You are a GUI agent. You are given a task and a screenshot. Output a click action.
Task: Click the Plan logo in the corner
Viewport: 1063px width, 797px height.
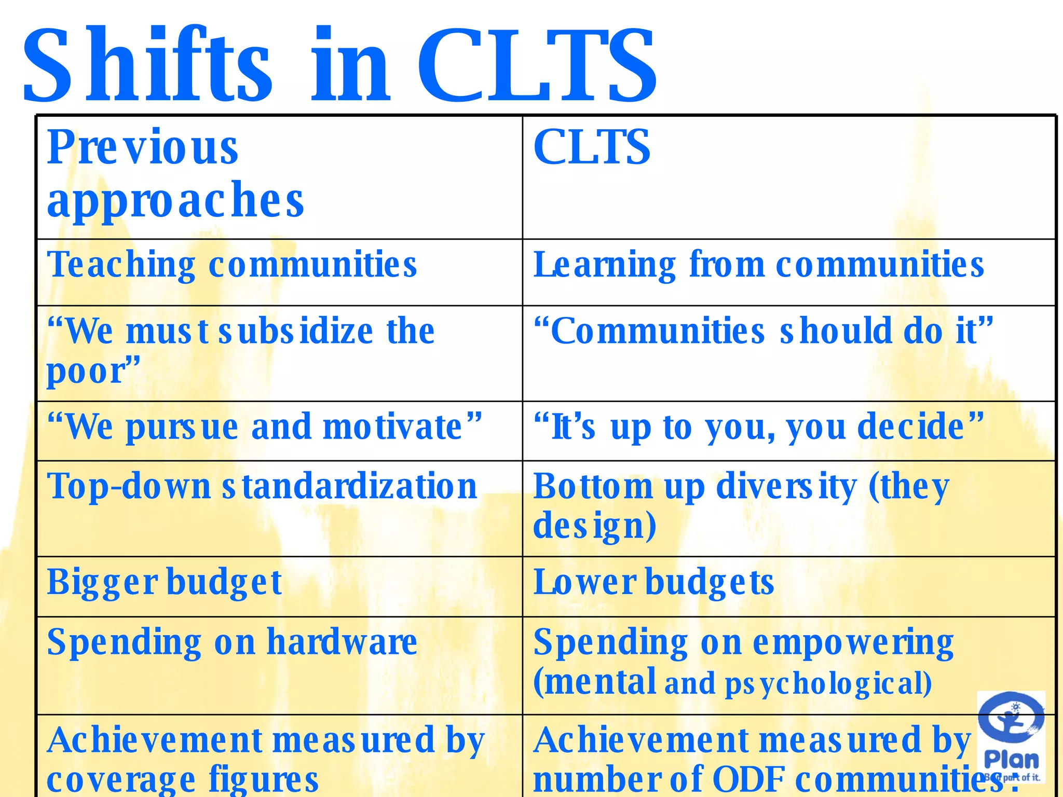(x=1011, y=737)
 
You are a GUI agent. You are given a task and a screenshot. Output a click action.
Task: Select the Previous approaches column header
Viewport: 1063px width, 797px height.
(x=175, y=174)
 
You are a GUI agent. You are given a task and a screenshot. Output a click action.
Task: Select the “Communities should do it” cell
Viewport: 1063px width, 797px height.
(x=763, y=331)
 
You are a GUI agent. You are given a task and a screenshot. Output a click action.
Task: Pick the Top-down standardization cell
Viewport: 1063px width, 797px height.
(x=262, y=487)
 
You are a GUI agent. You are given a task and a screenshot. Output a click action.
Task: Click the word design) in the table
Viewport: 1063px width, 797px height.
(x=595, y=526)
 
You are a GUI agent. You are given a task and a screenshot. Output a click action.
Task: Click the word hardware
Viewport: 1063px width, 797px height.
(x=342, y=642)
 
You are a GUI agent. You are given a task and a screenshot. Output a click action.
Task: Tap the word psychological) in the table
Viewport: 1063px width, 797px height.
(x=828, y=683)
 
